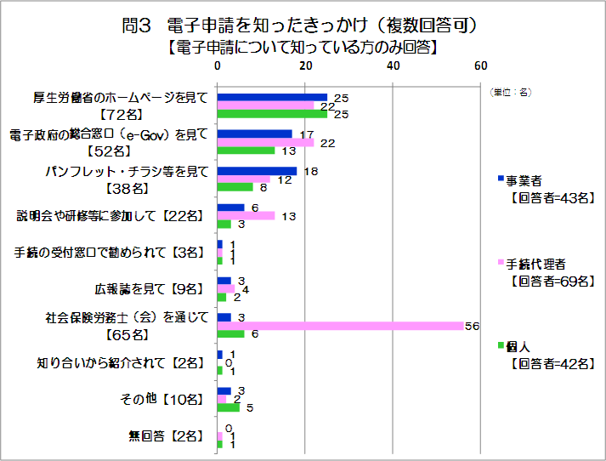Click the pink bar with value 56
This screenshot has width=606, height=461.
click(340, 326)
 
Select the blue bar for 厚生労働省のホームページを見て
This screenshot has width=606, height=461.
click(272, 97)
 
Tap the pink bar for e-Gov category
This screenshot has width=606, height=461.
click(265, 142)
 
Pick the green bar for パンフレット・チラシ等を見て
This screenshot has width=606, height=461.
click(235, 187)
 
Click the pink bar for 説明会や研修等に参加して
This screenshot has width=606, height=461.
click(246, 216)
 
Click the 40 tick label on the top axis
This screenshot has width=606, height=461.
click(393, 65)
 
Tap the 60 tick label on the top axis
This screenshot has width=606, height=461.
click(480, 65)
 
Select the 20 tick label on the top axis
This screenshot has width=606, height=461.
click(305, 65)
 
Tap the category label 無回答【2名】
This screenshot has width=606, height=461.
click(165, 436)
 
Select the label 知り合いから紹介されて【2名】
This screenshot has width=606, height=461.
click(120, 363)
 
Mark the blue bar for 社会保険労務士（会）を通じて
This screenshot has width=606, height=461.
click(224, 317)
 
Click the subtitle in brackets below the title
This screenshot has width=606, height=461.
click(303, 48)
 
